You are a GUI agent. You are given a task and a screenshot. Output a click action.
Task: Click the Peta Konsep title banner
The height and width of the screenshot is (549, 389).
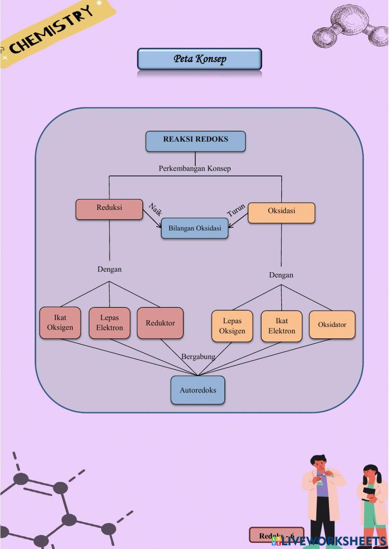click(x=200, y=59)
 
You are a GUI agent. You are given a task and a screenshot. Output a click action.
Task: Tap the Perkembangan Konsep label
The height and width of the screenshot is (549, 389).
click(x=194, y=169)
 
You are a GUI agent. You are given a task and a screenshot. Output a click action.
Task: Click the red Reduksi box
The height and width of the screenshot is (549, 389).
click(x=109, y=209)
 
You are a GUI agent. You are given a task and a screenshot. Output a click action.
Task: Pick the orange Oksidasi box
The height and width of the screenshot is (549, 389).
click(x=281, y=213)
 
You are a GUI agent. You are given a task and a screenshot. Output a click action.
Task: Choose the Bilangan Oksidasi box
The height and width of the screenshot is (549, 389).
click(x=194, y=228)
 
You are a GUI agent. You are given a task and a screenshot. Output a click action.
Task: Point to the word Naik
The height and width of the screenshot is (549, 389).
click(x=155, y=209)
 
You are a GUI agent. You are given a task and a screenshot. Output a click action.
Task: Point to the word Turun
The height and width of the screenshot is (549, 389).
click(x=236, y=210)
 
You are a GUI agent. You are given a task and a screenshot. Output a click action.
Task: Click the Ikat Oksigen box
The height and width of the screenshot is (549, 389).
click(x=60, y=323)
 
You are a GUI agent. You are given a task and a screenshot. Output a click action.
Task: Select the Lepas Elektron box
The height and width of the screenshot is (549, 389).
click(x=109, y=323)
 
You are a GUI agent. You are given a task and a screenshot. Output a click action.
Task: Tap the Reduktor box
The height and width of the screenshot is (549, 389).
click(x=160, y=323)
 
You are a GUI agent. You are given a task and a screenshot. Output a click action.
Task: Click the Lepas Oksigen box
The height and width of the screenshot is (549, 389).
click(x=232, y=326)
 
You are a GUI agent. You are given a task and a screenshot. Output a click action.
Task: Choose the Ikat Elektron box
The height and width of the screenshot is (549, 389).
click(x=282, y=326)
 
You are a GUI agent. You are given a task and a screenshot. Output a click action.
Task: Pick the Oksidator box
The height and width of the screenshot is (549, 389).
click(x=332, y=325)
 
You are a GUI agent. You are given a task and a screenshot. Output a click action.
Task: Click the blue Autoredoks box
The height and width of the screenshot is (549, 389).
click(x=198, y=390)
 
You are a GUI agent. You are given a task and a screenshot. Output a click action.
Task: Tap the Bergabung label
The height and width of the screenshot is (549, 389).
click(x=198, y=357)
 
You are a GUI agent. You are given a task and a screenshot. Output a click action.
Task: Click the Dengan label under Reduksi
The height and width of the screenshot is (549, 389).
click(x=109, y=269)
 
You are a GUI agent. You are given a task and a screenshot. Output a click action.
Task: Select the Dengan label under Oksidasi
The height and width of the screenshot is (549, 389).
click(x=281, y=275)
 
